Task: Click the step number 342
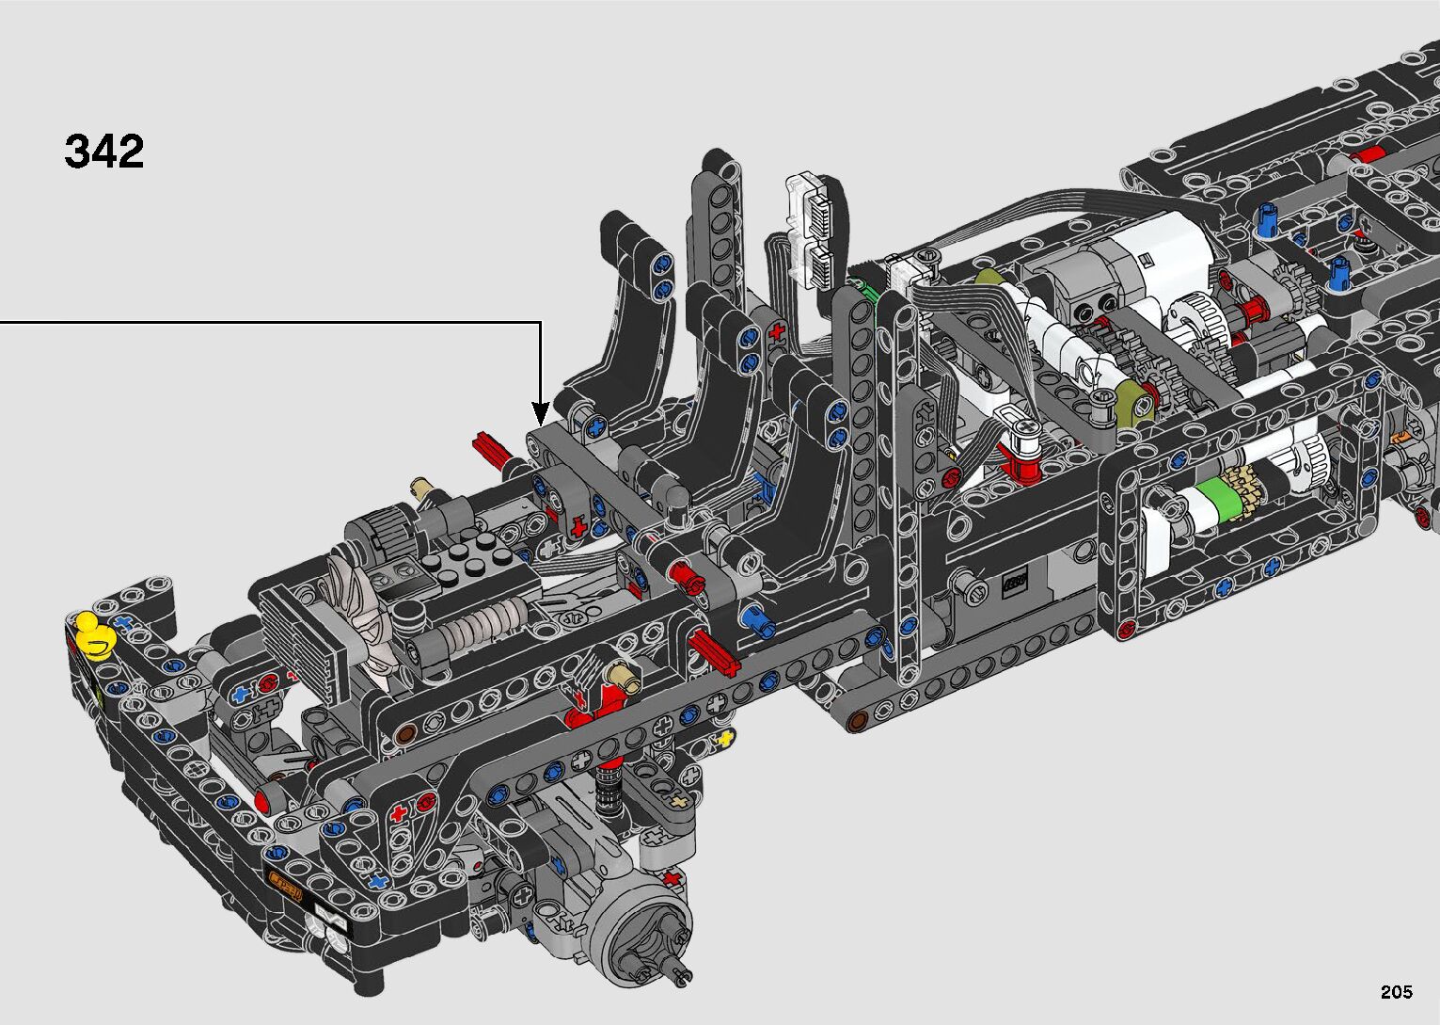click(x=104, y=152)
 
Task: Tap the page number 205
click(x=1397, y=991)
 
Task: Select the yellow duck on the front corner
click(x=94, y=636)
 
